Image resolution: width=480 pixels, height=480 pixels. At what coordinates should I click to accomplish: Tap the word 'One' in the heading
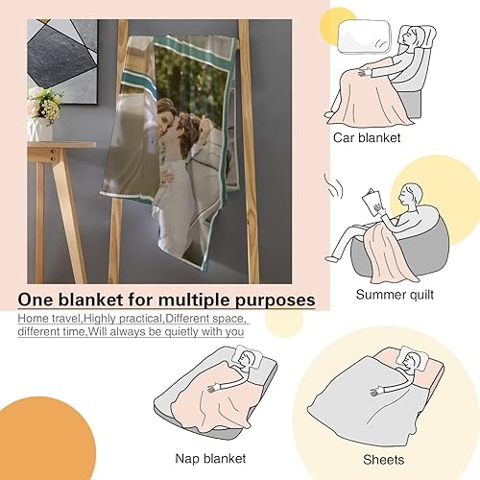pos(40,300)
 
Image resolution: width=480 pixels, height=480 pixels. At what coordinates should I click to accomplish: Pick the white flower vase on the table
pos(40,129)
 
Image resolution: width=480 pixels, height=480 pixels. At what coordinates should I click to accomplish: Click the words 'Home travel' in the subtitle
pos(48,318)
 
